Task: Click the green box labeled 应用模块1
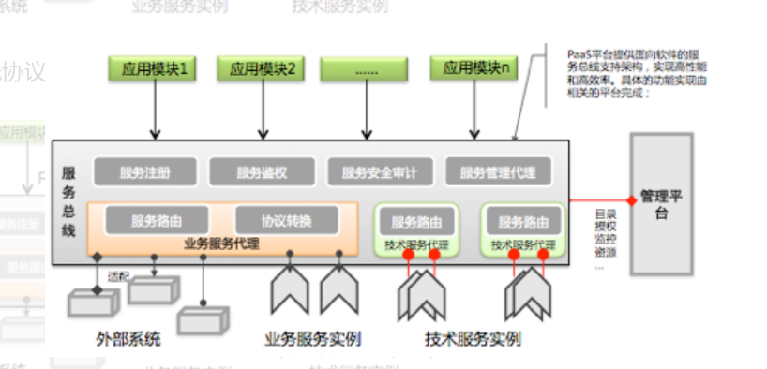tap(153, 67)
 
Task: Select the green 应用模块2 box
tap(263, 67)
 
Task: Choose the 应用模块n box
tap(475, 67)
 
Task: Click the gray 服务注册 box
tap(145, 172)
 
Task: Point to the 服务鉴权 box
tap(261, 172)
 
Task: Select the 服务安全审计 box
tap(379, 172)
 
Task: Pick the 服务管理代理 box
tap(497, 172)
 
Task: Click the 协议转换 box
tap(287, 221)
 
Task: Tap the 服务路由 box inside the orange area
tap(158, 221)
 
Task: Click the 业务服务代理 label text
tap(222, 245)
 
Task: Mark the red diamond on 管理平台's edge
tap(631, 200)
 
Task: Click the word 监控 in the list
tap(606, 240)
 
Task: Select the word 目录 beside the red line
tap(606, 214)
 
